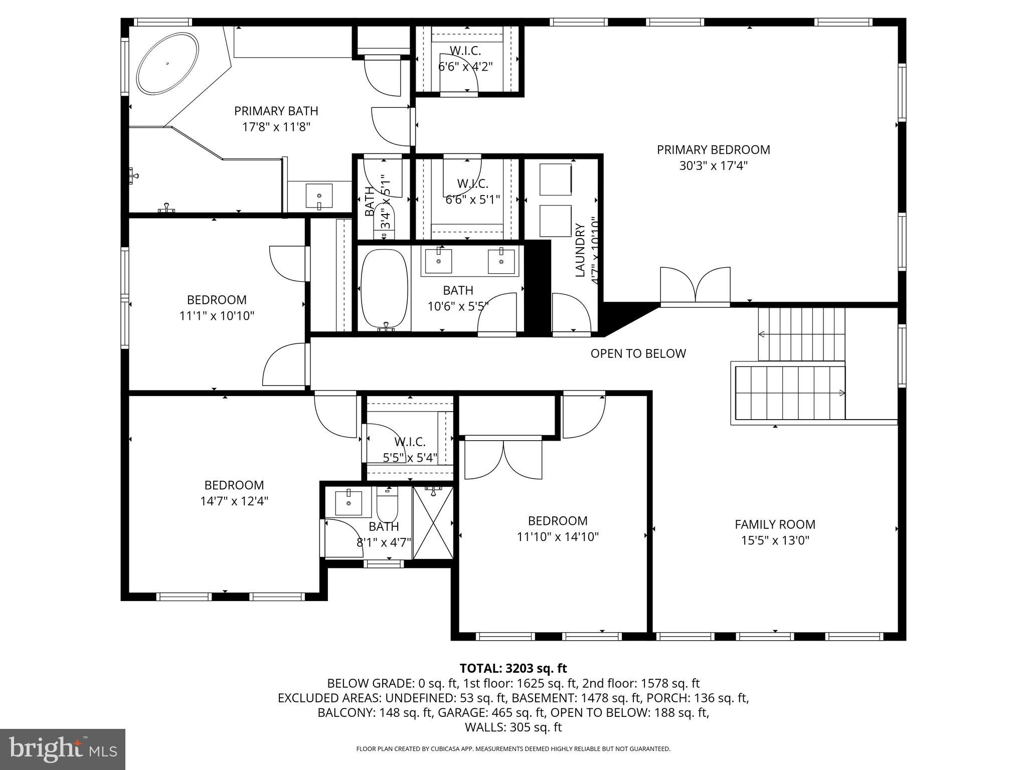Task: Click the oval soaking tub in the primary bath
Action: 167,64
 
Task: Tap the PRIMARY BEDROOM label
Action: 713,149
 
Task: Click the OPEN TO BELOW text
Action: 638,353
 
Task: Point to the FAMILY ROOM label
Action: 775,524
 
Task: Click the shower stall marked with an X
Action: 433,522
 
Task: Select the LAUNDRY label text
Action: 580,250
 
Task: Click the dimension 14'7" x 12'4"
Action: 234,501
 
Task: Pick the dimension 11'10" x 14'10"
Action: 558,537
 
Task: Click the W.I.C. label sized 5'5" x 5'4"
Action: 410,442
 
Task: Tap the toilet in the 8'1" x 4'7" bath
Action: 387,505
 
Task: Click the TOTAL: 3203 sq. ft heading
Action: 513,668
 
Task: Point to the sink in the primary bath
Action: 319,196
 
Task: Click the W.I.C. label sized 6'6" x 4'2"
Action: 465,51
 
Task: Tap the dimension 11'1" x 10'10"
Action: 217,316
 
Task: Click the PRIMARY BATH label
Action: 276,111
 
